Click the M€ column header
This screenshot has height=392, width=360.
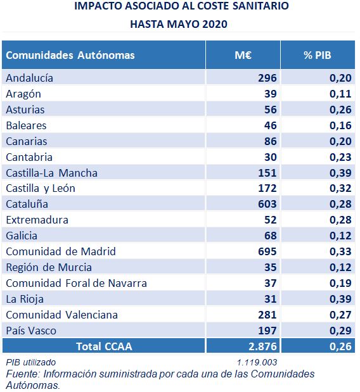tap(243, 55)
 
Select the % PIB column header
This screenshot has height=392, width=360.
tap(318, 55)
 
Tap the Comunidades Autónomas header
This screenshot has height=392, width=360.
tap(70, 55)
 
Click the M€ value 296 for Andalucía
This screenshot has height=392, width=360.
tap(267, 78)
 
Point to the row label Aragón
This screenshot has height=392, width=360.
tap(23, 94)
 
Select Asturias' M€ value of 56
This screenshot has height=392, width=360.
tap(271, 110)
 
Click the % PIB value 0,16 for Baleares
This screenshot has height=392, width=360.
tap(340, 125)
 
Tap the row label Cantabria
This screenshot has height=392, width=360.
tap(29, 157)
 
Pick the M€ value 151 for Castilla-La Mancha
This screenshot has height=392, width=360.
tap(267, 173)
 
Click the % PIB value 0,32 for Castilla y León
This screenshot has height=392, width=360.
tap(340, 189)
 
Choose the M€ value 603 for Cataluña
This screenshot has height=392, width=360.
tap(267, 204)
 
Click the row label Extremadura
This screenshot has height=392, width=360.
tap(37, 220)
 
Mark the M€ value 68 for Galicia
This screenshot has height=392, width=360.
tap(271, 236)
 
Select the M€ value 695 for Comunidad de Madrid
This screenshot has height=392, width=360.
tap(267, 251)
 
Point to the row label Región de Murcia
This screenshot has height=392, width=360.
tap(49, 268)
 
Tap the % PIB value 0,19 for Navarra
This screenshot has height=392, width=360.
tap(340, 283)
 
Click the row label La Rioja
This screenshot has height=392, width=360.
tap(25, 300)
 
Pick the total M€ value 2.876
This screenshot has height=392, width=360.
tap(262, 346)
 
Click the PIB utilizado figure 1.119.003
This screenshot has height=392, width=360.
tap(257, 362)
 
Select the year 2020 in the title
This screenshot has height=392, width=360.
tap(215, 24)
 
